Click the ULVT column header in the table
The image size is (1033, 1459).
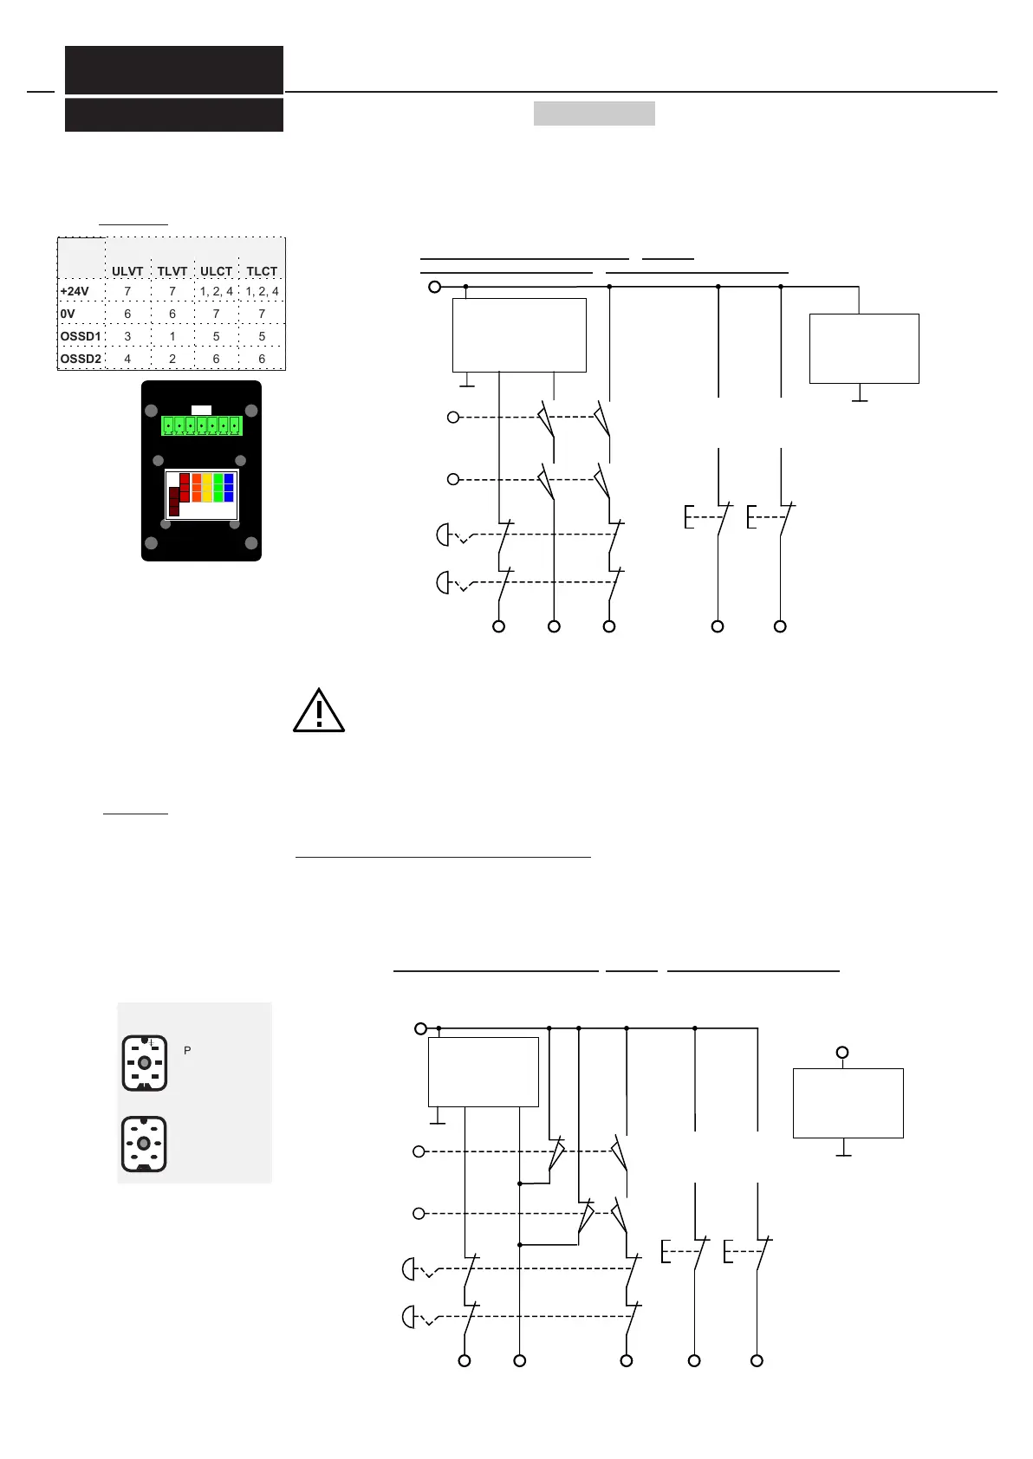coord(127,271)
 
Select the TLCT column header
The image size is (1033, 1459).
coord(262,271)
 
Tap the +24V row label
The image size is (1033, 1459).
coord(75,291)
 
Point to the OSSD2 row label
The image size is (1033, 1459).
coord(81,359)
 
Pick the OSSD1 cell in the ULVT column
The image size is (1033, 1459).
coord(127,336)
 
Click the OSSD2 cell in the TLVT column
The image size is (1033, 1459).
coord(172,359)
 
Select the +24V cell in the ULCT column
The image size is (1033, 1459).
coord(217,291)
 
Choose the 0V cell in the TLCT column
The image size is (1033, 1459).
coord(262,314)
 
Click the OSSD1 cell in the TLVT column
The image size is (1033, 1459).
coord(172,336)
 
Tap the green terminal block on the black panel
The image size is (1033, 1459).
coord(201,426)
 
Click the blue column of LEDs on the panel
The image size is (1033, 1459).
coord(229,488)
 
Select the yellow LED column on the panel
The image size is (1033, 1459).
coord(207,488)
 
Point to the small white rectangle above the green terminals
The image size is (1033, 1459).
coord(201,410)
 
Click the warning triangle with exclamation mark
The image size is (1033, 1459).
coord(319,711)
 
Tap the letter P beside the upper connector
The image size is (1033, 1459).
coord(187,1050)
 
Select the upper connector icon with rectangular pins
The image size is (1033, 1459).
coord(144,1062)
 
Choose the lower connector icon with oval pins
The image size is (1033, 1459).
coord(144,1145)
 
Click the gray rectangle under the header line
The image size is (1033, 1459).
coord(594,113)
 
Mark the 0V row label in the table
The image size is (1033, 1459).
coord(68,314)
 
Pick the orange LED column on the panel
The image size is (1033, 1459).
coord(197,488)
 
